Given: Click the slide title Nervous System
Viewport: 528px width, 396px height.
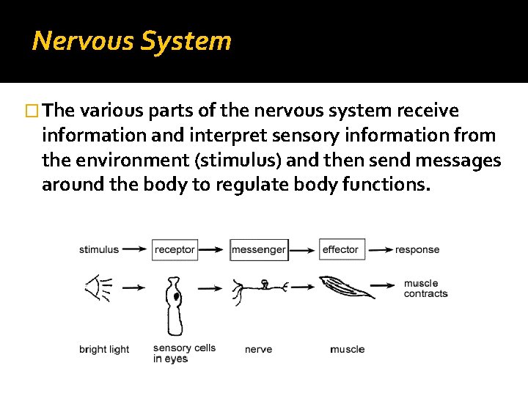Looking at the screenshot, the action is click(x=132, y=40).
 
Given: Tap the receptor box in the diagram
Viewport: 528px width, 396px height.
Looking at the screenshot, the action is click(x=175, y=249).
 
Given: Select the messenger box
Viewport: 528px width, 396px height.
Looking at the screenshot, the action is click(x=258, y=249).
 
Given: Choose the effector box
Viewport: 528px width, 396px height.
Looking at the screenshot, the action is click(x=340, y=249).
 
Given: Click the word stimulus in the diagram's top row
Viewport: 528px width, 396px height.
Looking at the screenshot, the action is click(x=99, y=249).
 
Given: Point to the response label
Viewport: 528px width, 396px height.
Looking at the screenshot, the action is click(x=417, y=249).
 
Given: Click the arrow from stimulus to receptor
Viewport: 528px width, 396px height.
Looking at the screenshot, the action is click(x=136, y=249).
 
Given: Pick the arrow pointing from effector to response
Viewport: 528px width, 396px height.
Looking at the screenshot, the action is click(x=379, y=249).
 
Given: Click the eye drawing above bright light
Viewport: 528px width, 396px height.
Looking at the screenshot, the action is click(x=98, y=288).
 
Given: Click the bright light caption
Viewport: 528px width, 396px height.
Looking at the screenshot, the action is click(x=104, y=349).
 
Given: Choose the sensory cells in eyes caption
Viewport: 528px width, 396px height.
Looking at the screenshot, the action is click(x=184, y=353).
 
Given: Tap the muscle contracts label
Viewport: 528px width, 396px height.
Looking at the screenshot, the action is click(x=425, y=288).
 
